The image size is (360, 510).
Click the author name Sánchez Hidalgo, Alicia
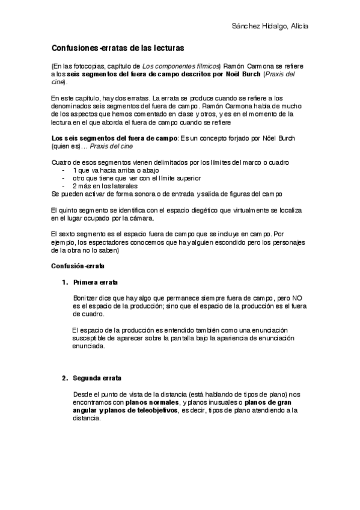[270, 26]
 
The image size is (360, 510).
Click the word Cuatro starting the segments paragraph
[61, 163]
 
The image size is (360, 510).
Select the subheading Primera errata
[96, 283]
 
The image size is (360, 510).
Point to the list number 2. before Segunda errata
[64, 378]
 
